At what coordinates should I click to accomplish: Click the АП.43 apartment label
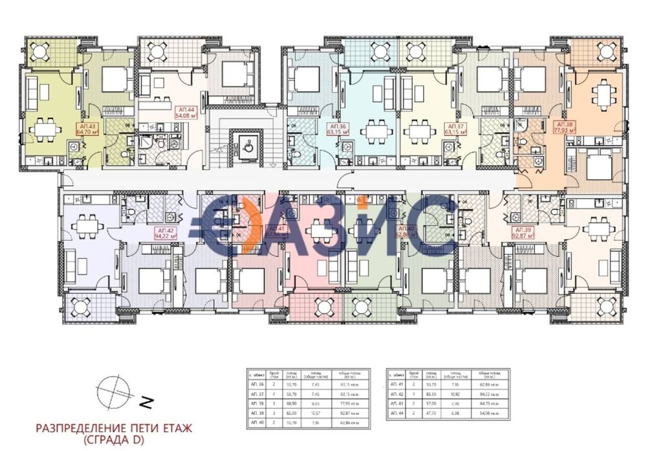pos(87,128)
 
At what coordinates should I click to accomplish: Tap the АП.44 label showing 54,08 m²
pos(186,113)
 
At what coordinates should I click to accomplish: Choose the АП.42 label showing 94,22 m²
pos(166,233)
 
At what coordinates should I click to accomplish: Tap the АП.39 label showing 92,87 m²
pos(523,233)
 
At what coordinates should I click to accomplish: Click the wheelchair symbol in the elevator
pos(247,144)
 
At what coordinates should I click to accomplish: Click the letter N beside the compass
pos(146,402)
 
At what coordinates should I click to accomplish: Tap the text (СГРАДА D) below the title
pos(114,441)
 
